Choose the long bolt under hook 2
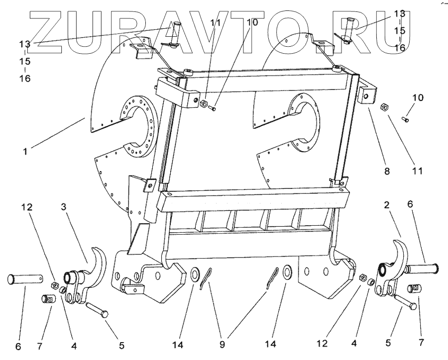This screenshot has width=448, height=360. pos(404,302)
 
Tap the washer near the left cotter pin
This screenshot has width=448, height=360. pos(195,273)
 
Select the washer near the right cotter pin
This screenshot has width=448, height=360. pos(287,273)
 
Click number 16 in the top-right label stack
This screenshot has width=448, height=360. pos(400,48)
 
